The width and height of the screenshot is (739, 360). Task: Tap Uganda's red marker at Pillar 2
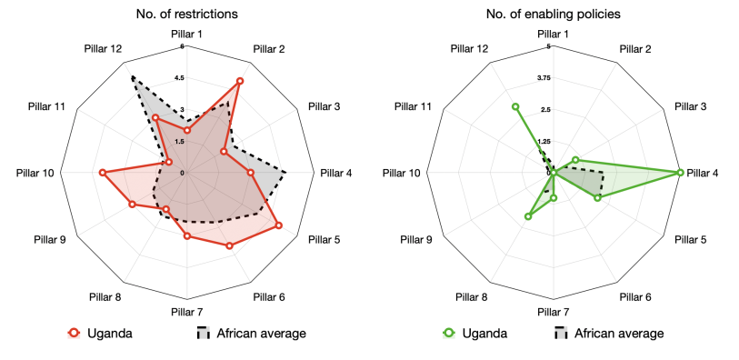pos(239,81)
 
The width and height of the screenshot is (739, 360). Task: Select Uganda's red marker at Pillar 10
pos(102,173)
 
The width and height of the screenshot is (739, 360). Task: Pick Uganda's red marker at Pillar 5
pos(278,225)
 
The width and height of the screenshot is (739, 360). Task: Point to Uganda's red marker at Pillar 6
pos(229,245)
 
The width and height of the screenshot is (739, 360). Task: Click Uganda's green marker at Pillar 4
pos(679,173)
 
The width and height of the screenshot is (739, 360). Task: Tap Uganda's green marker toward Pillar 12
pos(515,106)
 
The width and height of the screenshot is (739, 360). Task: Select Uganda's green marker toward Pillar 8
pos(528,216)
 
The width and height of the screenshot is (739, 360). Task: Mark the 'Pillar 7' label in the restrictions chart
pos(187,313)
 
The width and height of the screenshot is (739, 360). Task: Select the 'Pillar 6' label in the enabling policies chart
pos(635,296)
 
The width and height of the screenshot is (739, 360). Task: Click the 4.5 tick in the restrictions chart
pos(181,77)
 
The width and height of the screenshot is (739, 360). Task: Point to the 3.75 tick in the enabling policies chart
pos(545,77)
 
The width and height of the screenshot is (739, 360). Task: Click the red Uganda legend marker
pos(75,333)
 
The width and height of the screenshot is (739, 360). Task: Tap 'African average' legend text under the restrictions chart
pos(261,333)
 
